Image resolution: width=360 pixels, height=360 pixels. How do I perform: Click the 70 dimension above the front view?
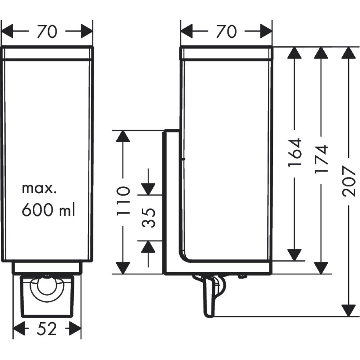[47, 32]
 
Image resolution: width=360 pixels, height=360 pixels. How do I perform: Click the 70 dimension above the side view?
[226, 32]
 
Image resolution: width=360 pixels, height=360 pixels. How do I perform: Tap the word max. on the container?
[38, 188]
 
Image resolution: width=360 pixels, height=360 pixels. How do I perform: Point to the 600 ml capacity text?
[48, 210]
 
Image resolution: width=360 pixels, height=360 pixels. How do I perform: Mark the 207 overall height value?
[348, 181]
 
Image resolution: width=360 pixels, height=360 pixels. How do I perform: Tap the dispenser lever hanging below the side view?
[209, 297]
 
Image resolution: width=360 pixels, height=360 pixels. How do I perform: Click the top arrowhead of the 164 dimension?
[295, 53]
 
